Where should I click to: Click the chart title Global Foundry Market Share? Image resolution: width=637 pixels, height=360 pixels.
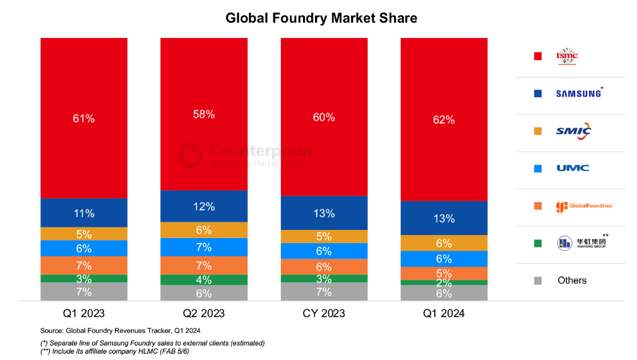(321, 18)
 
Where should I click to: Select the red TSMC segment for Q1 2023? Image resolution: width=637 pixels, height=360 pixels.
(84, 118)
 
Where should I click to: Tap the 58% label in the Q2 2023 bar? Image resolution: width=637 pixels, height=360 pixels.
(204, 114)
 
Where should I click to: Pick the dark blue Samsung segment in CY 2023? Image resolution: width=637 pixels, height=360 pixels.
(324, 213)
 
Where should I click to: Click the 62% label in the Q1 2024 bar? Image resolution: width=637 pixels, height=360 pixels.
(444, 119)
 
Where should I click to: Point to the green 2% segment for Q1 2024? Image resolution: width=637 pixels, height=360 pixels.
(444, 283)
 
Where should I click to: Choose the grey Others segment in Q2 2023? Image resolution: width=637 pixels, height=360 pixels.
(204, 292)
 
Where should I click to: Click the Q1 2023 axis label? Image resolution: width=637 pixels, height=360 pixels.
(84, 313)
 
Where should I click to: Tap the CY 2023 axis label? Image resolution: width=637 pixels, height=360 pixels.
(324, 313)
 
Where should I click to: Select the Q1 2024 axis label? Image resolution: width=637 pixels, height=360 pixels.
(444, 313)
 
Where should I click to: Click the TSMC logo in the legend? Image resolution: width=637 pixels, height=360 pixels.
(567, 56)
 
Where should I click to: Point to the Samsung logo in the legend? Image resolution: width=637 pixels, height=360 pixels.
(578, 93)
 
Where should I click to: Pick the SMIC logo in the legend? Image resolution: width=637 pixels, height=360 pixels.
(573, 131)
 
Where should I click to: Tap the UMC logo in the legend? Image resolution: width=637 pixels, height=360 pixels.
(573, 168)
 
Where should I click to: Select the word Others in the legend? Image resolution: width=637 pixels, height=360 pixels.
(572, 280)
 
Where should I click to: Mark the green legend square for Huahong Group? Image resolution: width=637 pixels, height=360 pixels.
(537, 243)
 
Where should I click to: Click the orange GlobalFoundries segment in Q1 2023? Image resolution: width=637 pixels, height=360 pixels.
(84, 265)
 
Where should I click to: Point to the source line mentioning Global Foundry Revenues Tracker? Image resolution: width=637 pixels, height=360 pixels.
(121, 331)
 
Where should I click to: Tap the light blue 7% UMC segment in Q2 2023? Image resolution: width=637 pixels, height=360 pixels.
(204, 247)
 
